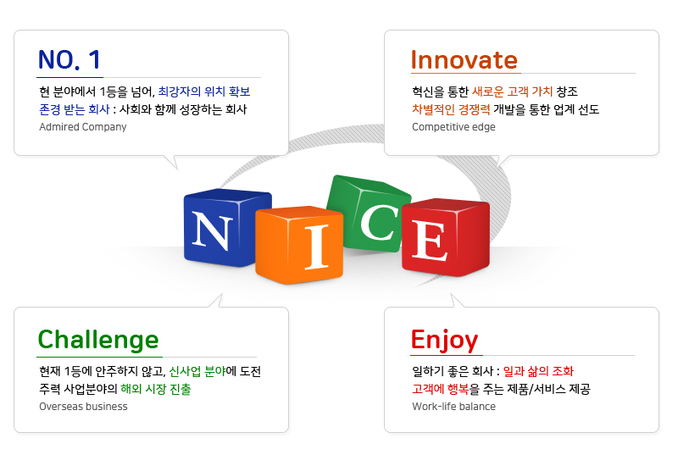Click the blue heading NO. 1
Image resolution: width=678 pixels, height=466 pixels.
(x=69, y=59)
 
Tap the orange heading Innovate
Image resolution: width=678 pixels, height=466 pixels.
(x=464, y=59)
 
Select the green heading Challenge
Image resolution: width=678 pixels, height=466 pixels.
(x=98, y=341)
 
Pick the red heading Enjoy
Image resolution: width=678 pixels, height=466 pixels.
(x=444, y=341)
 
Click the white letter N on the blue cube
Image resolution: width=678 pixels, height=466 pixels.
(x=212, y=230)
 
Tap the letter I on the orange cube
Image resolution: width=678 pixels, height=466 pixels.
(x=317, y=247)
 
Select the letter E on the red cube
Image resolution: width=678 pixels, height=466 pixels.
(x=430, y=241)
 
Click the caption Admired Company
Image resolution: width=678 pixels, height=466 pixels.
(x=83, y=127)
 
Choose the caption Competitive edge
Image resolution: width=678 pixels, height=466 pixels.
(x=453, y=127)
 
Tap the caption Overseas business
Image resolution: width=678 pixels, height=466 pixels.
(x=83, y=407)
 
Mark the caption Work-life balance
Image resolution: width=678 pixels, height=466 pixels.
(x=453, y=407)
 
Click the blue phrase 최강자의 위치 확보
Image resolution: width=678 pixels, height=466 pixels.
(x=204, y=92)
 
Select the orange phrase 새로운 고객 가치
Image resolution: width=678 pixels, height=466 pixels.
(x=513, y=92)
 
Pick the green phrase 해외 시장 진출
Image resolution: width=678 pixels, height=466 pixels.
(x=156, y=389)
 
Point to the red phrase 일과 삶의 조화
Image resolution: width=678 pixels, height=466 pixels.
(x=538, y=371)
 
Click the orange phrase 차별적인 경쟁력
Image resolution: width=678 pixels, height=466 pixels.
(x=451, y=109)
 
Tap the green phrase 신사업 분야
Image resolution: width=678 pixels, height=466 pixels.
(x=197, y=371)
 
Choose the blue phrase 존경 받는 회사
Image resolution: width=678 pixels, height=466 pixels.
(x=75, y=109)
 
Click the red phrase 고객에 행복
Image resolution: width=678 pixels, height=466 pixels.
(x=440, y=389)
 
